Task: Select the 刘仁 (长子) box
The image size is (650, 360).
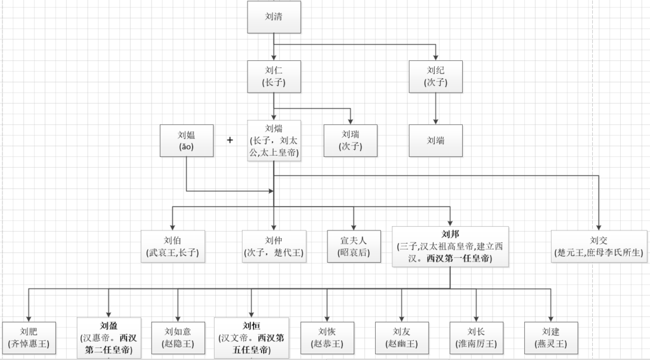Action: [x=274, y=76]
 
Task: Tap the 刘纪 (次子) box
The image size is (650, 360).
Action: [x=435, y=76]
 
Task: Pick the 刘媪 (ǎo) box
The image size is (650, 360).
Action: [x=186, y=140]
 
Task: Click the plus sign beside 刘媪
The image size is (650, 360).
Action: [x=230, y=140]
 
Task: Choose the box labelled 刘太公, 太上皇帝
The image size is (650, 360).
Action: [x=274, y=140]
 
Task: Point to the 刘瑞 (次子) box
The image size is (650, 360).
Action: [x=350, y=140]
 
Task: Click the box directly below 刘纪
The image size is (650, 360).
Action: [x=435, y=140]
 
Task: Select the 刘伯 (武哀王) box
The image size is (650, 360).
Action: [x=173, y=246]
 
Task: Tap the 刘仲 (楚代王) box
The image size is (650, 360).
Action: [x=274, y=246]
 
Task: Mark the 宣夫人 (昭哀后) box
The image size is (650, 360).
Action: [x=353, y=246]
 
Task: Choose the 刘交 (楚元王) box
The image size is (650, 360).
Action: [x=599, y=246]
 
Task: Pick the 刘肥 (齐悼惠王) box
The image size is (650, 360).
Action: [x=29, y=338]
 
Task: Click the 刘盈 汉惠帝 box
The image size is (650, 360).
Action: [x=109, y=338]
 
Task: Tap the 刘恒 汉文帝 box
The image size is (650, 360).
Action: [x=252, y=338]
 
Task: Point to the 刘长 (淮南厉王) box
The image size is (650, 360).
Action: [x=476, y=338]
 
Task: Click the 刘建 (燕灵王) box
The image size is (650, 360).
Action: [x=551, y=338]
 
